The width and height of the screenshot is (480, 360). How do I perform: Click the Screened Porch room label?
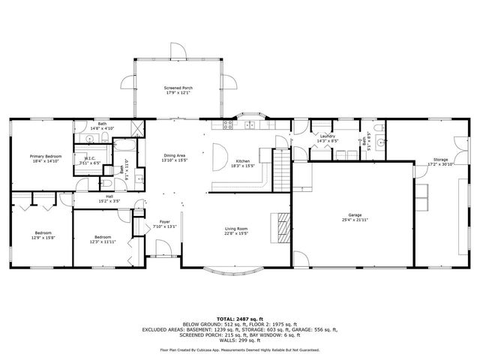pyautogui.click(x=178, y=88)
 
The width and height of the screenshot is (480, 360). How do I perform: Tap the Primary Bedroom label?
pyautogui.click(x=45, y=156)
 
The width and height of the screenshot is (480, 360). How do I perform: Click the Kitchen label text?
pyautogui.click(x=243, y=161)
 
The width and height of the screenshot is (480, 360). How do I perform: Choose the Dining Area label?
pyautogui.click(x=175, y=155)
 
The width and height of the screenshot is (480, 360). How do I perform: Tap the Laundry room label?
pyautogui.click(x=327, y=136)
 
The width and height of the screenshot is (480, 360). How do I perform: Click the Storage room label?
pyautogui.click(x=441, y=160)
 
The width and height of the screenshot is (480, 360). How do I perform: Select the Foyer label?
pyautogui.click(x=164, y=222)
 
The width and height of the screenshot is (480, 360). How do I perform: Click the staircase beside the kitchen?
pyautogui.click(x=280, y=168)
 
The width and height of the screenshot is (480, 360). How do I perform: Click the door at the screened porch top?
pyautogui.click(x=178, y=51)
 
